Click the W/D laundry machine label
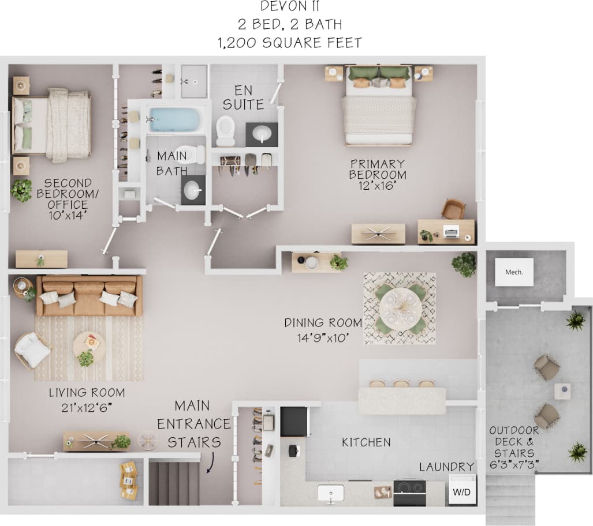[x=461, y=492]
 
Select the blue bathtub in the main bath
[x=173, y=120]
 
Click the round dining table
[x=400, y=308]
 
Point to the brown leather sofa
[x=89, y=295]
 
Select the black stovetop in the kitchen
[x=409, y=493]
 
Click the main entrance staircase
[x=174, y=482]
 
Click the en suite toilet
[x=225, y=130]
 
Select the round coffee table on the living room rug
[x=89, y=346]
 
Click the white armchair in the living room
[x=32, y=350]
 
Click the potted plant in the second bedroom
[x=22, y=190]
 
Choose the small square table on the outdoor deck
[x=562, y=392]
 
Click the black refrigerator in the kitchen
[x=294, y=421]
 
